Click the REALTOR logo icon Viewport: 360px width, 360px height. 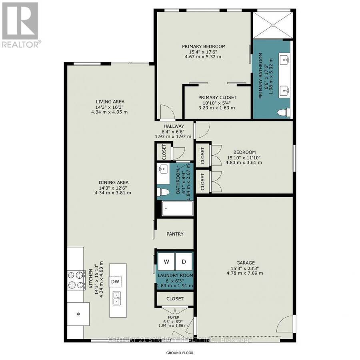click(20, 21)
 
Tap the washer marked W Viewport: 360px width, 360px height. click(166, 262)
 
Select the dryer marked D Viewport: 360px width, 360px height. click(184, 262)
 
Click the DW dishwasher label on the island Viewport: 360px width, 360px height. click(115, 282)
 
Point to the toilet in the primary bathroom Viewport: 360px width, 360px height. click(284, 112)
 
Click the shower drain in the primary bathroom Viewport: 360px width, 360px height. click(273, 25)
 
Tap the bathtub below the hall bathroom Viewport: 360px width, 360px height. click(177, 208)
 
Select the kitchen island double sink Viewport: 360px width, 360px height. click(117, 298)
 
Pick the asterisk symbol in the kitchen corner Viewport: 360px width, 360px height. click(78, 314)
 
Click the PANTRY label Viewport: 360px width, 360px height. click(175, 234)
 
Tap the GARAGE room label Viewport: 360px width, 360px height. click(246, 263)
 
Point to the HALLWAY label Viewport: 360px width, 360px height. click(174, 126)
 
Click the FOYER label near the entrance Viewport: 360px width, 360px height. click(174, 317)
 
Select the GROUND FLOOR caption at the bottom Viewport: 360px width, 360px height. click(180, 353)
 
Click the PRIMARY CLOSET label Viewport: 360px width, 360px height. click(217, 98)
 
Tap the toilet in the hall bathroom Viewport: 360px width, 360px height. click(163, 192)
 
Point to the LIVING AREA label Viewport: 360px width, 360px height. click(110, 102)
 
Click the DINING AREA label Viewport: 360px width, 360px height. click(114, 182)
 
